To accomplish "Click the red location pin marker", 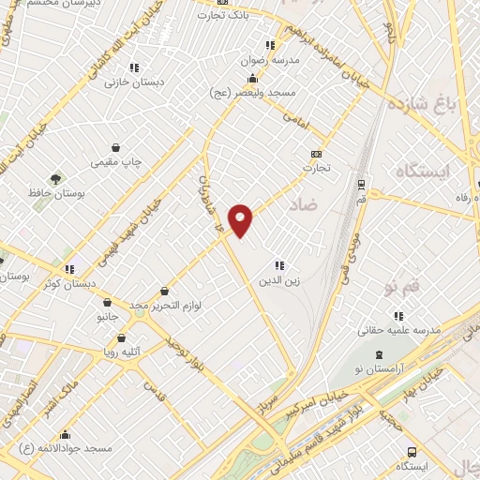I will coord(241,219).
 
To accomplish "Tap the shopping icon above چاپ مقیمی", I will coord(115,147).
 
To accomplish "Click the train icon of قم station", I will coord(361,184).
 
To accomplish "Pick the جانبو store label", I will coord(109,317).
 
